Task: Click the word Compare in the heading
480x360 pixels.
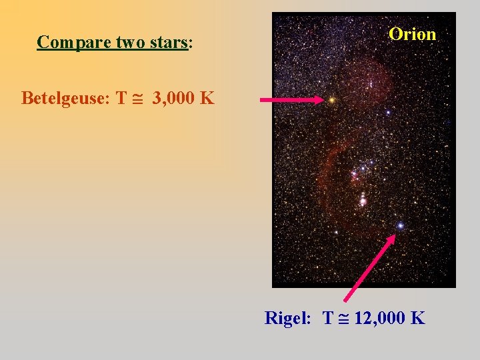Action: (x=66, y=43)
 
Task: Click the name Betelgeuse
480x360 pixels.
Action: (x=64, y=99)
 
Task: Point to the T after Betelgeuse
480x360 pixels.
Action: (x=121, y=99)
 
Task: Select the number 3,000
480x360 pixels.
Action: (x=175, y=99)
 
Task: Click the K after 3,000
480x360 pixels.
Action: (x=207, y=99)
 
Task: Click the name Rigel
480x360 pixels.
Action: (x=287, y=318)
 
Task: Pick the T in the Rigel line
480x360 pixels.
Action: (x=327, y=318)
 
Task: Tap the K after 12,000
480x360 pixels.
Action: (x=418, y=318)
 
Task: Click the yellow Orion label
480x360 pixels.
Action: (x=413, y=34)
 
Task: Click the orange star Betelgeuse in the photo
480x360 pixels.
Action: (x=331, y=100)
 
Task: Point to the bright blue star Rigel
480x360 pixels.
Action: (x=400, y=226)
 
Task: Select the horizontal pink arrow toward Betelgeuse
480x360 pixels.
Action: (x=290, y=100)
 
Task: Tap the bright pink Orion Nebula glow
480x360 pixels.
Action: (x=363, y=199)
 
